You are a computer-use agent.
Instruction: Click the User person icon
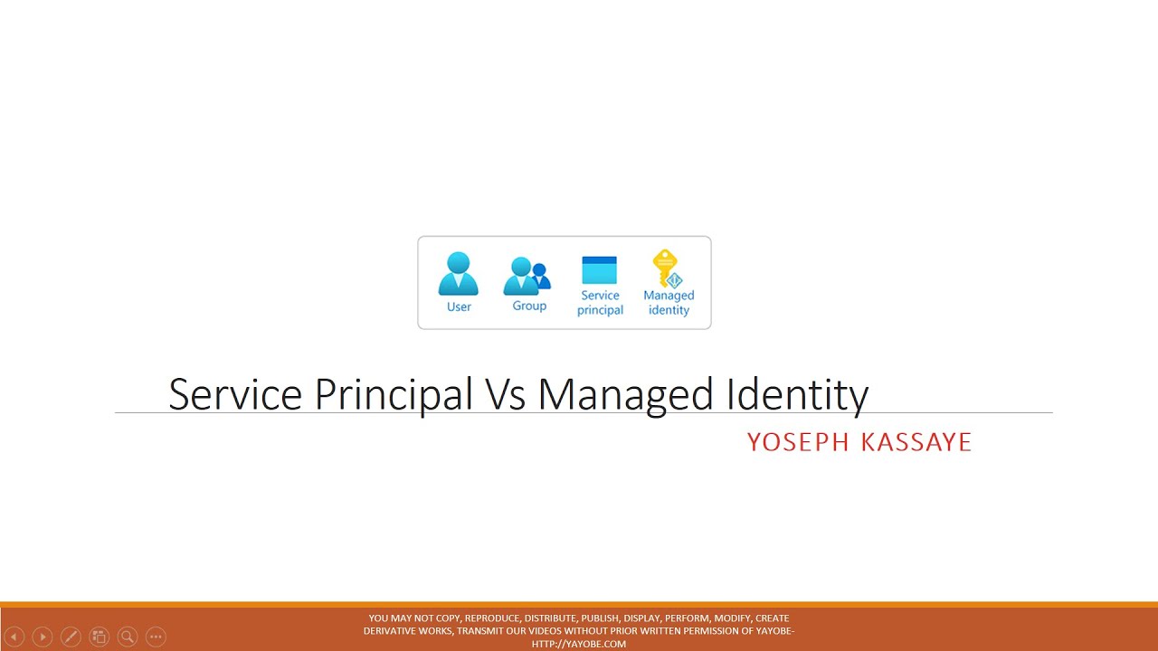point(459,274)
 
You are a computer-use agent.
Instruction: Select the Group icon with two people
point(527,276)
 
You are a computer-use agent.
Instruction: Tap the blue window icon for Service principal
point(600,270)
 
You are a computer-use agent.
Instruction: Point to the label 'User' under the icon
point(459,307)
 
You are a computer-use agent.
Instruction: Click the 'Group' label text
point(529,306)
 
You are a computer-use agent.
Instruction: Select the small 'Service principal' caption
point(601,303)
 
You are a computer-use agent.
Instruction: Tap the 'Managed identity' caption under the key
point(669,303)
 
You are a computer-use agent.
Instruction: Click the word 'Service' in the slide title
point(235,395)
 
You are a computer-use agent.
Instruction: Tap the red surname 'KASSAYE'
point(916,442)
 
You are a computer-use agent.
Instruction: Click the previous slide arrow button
point(14,637)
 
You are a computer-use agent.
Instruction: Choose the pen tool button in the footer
point(71,637)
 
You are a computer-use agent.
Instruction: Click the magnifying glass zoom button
point(128,637)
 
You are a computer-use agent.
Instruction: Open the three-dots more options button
point(156,637)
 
